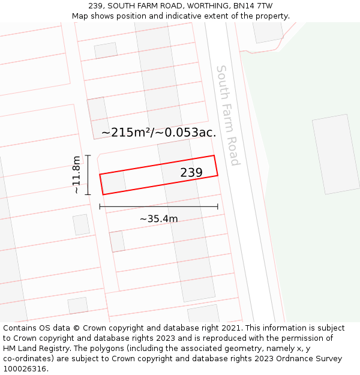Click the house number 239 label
pyautogui.click(x=191, y=173)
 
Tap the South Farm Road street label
pyautogui.click(x=228, y=115)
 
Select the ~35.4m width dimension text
pyautogui.click(x=158, y=219)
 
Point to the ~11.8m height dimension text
pyautogui.click(x=76, y=175)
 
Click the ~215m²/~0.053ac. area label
pyautogui.click(x=158, y=133)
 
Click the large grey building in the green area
pyautogui.click(x=335, y=154)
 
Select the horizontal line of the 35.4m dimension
pyautogui.click(x=158, y=207)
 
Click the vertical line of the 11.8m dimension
pyautogui.click(x=88, y=175)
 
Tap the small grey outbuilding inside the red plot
pyautogui.click(x=113, y=182)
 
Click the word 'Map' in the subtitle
pyautogui.click(x=81, y=16)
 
